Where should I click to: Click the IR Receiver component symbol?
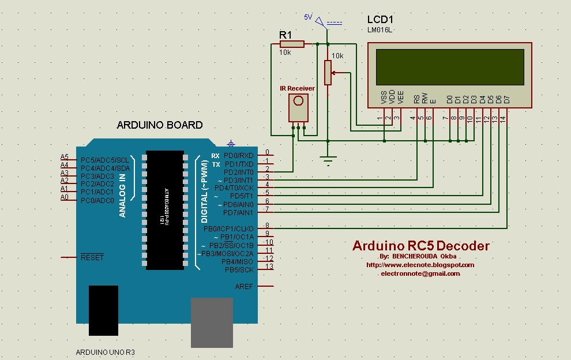click(x=298, y=107)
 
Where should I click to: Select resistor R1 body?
click(x=293, y=44)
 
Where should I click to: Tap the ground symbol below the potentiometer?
click(x=328, y=161)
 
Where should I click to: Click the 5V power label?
click(x=308, y=18)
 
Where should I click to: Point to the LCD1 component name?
click(x=381, y=20)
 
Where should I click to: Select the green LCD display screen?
click(x=450, y=66)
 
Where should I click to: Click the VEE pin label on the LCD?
click(x=400, y=97)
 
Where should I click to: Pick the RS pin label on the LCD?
click(x=416, y=99)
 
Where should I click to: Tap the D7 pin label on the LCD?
click(x=507, y=99)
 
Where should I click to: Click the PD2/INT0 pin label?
click(x=238, y=172)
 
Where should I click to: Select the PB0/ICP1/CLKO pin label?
click(x=228, y=229)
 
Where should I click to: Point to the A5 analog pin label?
click(x=65, y=157)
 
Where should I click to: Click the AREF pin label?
click(x=243, y=286)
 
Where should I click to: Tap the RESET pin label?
click(x=92, y=257)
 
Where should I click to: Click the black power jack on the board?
click(x=103, y=310)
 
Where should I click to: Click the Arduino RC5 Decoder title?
click(x=420, y=246)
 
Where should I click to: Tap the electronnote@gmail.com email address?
click(x=420, y=273)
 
